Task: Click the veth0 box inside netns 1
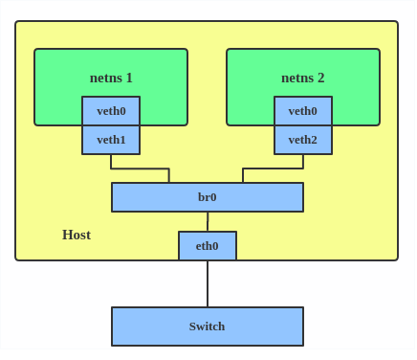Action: coord(111,111)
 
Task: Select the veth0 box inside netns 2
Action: coord(303,111)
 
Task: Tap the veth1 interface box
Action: coord(111,140)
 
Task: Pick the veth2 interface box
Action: coord(303,140)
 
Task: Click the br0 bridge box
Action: coord(208,197)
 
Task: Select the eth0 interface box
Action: coord(208,246)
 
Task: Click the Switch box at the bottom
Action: coord(208,326)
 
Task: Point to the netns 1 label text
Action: coord(111,78)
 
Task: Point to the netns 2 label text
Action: coord(303,78)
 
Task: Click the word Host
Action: coord(77,235)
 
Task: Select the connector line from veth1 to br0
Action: coord(140,169)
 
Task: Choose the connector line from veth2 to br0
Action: coord(274,169)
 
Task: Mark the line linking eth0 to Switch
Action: coord(208,283)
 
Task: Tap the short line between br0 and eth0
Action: coord(208,222)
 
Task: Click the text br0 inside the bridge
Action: coord(208,197)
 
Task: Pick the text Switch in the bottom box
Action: coord(208,326)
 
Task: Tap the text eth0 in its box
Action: coord(208,246)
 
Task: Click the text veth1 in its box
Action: coord(111,140)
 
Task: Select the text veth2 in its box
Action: coord(303,140)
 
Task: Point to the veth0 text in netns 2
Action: coord(303,111)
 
